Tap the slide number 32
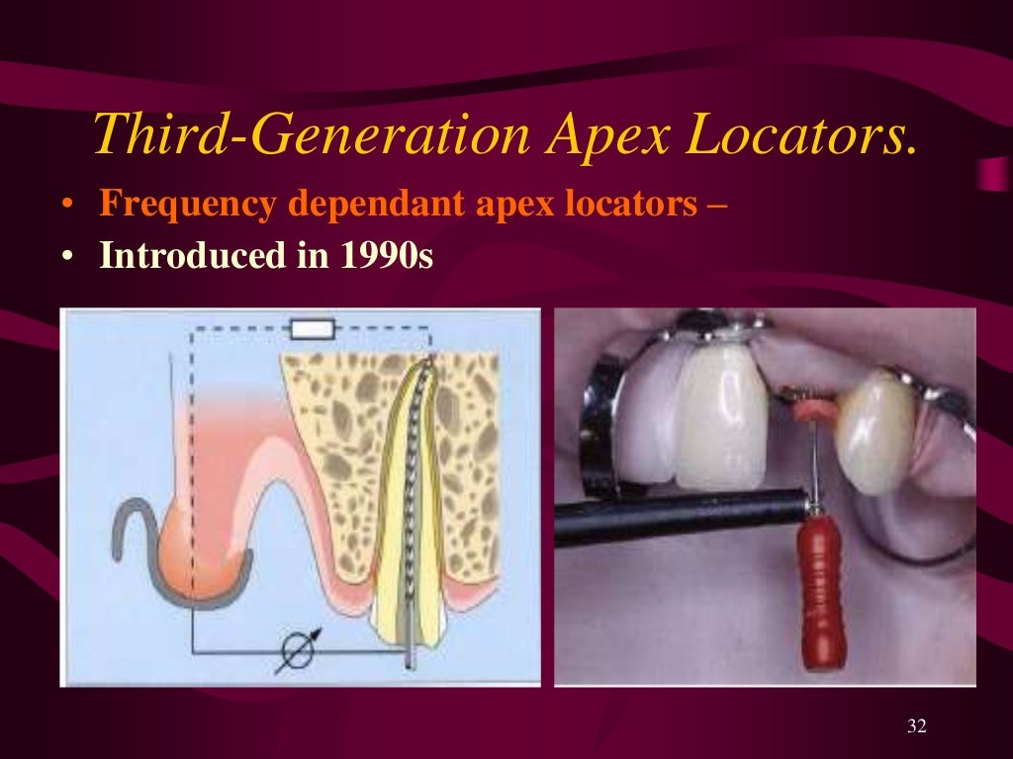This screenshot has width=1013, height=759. (x=916, y=726)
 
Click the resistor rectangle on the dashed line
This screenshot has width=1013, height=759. (x=312, y=328)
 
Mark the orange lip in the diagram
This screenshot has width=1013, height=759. (x=198, y=553)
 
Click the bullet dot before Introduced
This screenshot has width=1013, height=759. (x=66, y=257)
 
